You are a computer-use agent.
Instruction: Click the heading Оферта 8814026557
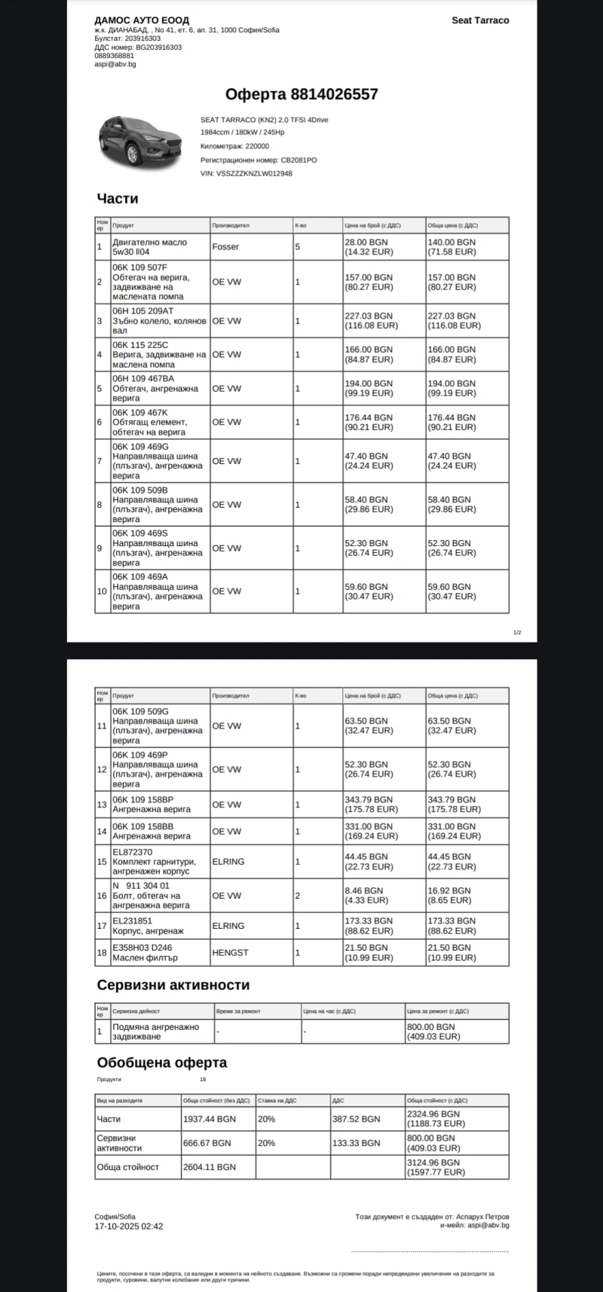click(301, 94)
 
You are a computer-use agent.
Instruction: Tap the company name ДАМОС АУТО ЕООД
click(142, 20)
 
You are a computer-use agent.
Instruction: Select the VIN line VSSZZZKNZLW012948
click(246, 173)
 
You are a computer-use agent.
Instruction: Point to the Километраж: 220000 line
click(234, 146)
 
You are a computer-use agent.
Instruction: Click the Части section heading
click(118, 199)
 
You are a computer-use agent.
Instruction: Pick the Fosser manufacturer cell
click(225, 247)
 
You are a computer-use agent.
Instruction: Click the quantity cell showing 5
click(298, 247)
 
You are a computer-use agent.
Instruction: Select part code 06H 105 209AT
click(143, 311)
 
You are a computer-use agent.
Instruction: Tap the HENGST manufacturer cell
click(230, 952)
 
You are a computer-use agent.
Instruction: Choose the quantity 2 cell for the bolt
click(298, 896)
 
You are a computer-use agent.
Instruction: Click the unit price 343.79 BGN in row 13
click(369, 799)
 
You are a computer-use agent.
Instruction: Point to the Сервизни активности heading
click(173, 985)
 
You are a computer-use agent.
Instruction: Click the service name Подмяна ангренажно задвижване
click(155, 1031)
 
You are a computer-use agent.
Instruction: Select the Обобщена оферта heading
click(162, 1063)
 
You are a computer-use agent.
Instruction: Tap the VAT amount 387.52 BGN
click(356, 1119)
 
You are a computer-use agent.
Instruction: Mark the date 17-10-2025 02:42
click(128, 1226)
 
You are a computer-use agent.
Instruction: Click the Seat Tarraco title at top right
click(480, 20)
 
